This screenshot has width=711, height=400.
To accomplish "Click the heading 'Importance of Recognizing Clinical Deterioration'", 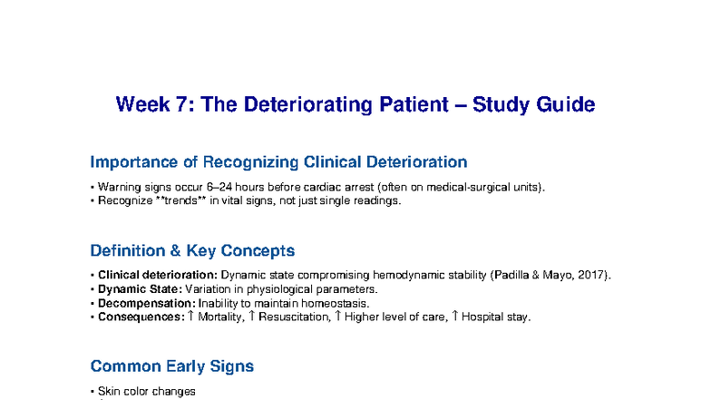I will [x=278, y=162].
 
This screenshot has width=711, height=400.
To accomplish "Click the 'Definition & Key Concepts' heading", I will [x=192, y=250].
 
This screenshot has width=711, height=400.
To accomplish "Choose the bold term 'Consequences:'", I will [x=141, y=317].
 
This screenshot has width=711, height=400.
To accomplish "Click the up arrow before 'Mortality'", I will [x=190, y=316].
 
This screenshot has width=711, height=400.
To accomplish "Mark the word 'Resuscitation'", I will [x=293, y=317].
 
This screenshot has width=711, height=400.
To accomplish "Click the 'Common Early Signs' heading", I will [x=171, y=366].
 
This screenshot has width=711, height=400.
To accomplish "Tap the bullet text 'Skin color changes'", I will [x=146, y=391].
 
